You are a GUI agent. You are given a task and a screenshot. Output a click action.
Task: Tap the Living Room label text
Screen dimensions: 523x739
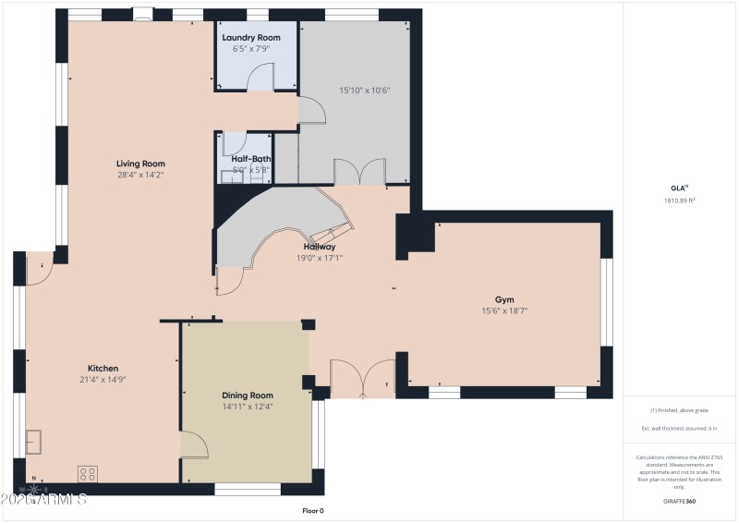140,164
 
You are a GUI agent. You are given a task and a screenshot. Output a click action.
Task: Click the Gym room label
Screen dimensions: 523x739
504,299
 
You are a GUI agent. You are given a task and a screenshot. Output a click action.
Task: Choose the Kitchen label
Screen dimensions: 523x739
103,368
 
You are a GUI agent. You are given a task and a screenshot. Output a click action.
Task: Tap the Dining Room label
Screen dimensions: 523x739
248,395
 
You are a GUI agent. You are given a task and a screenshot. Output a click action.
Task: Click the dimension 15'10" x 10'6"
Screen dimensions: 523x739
365,91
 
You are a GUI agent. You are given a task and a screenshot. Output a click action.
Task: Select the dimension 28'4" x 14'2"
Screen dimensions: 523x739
140,175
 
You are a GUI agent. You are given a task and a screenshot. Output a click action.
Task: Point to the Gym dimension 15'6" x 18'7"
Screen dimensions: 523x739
504,311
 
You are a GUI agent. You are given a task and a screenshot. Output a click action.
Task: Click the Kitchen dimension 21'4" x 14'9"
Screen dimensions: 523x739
103,380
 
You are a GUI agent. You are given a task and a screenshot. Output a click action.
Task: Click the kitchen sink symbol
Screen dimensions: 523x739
35,443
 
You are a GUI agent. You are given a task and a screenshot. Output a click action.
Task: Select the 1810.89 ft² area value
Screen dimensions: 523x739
679,200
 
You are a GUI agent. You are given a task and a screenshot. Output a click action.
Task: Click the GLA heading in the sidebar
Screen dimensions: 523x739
678,188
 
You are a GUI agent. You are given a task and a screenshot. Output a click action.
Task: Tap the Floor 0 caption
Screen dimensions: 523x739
313,510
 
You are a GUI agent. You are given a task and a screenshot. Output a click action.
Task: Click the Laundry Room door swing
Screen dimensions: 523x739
265,78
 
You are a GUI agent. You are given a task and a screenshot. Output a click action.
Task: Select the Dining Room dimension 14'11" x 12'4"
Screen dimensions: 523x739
248,407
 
